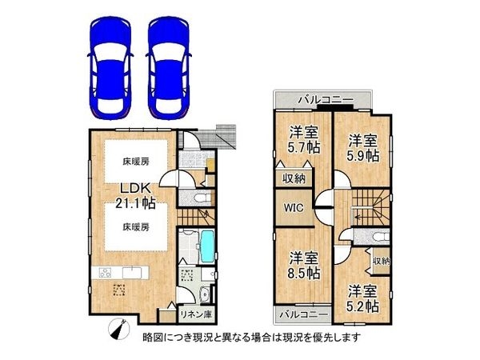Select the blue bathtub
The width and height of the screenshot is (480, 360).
click(206, 247)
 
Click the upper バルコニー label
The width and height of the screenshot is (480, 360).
click(323, 99)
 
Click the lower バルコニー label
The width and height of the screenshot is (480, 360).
click(303, 313)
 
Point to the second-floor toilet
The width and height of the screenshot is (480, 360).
click(378, 238)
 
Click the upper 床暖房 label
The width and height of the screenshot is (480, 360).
click(137, 161)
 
